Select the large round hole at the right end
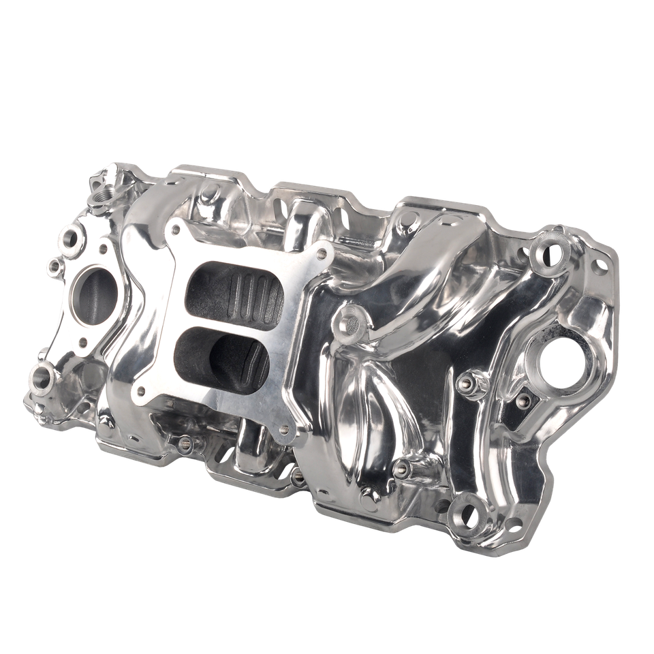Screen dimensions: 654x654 click(x=559, y=362)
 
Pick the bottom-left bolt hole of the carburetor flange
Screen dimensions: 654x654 click(x=141, y=392)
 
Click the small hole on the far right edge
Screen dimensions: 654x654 click(x=599, y=266)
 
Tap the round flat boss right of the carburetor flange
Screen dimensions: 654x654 click(x=349, y=323)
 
